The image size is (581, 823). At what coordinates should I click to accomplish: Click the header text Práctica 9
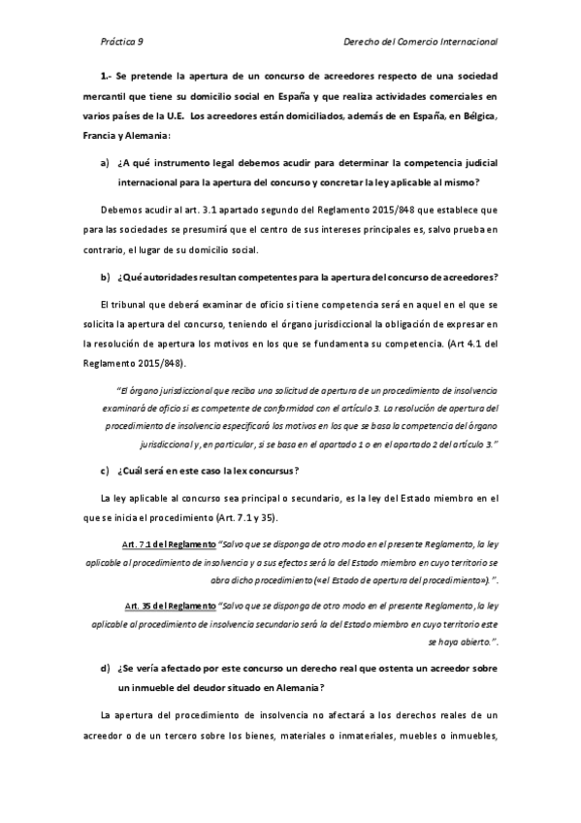(x=122, y=43)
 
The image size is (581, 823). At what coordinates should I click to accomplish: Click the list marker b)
(x=104, y=278)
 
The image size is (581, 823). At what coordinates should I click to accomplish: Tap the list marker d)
(x=104, y=669)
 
